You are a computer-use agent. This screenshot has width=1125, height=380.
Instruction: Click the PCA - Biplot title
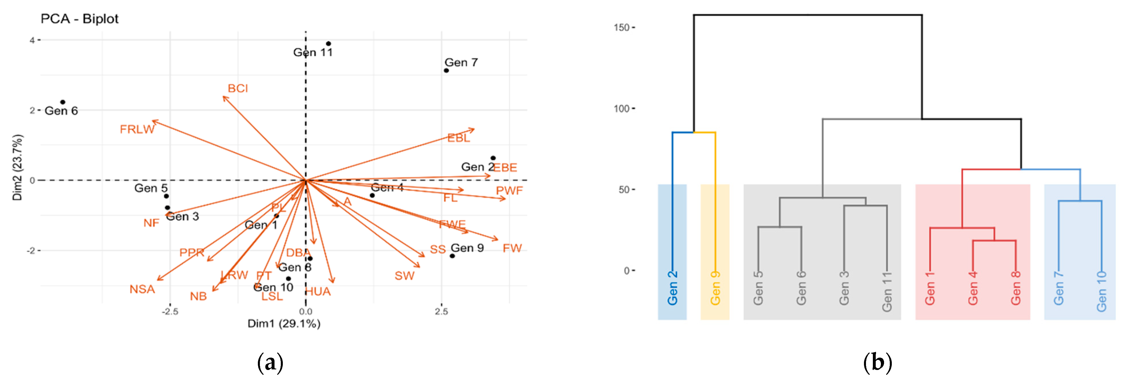click(x=79, y=19)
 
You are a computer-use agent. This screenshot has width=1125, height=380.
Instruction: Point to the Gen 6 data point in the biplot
click(x=63, y=102)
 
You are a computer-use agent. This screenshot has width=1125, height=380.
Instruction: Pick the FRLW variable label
click(x=137, y=129)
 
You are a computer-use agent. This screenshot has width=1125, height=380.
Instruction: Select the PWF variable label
click(x=509, y=190)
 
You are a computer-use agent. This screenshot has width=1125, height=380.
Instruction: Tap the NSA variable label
click(x=142, y=289)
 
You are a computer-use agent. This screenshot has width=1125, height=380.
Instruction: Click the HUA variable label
click(x=318, y=292)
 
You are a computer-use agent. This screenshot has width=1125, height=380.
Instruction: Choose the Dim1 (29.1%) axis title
click(x=284, y=324)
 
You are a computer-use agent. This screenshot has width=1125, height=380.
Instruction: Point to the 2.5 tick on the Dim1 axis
click(x=441, y=311)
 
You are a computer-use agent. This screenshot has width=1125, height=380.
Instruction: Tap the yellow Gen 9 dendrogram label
click(x=715, y=288)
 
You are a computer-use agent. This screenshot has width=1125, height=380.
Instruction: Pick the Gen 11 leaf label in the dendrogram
click(x=887, y=291)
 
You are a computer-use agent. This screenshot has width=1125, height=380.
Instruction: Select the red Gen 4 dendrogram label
click(x=973, y=288)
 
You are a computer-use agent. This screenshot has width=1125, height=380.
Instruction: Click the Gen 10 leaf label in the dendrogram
click(x=1101, y=291)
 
